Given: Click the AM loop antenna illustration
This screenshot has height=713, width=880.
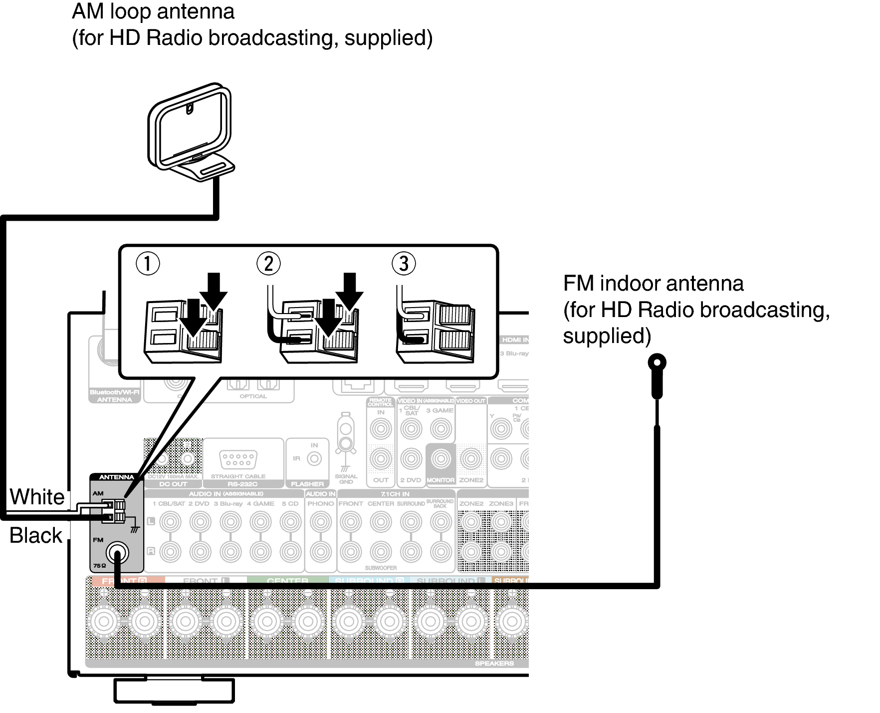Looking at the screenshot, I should (x=191, y=132).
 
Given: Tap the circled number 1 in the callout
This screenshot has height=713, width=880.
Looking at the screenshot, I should (x=148, y=264).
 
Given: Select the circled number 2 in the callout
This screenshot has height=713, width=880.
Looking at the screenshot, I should (x=268, y=264).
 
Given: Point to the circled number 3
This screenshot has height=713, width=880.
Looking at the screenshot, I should (x=404, y=264).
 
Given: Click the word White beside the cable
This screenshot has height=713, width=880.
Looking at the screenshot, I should (x=37, y=497).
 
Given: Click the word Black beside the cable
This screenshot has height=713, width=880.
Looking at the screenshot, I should (x=36, y=536).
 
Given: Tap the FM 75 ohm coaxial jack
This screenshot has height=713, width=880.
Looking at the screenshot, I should (x=117, y=553).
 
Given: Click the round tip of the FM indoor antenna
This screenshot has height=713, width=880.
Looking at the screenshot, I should (x=657, y=362).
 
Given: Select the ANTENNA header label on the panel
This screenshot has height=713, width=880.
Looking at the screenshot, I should (x=116, y=477).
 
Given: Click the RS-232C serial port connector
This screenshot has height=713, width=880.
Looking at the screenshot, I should (x=238, y=459).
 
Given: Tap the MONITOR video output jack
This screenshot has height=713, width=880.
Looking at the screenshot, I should (x=440, y=459).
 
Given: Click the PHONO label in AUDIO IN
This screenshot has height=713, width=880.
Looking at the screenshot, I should (x=320, y=504).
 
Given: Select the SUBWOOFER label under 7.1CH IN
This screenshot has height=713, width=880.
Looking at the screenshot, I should (x=381, y=568).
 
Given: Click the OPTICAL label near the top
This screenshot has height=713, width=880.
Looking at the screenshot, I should (x=253, y=396).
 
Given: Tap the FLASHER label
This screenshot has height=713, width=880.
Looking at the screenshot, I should (x=307, y=484).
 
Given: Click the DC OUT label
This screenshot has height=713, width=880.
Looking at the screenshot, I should (x=173, y=484).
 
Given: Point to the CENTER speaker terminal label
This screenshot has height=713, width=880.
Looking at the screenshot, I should (x=287, y=581).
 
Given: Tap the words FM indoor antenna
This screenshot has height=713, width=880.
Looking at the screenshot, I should (x=653, y=284).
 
